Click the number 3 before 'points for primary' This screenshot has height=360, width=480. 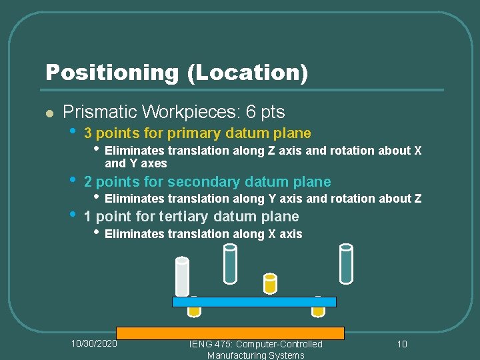(x=88, y=133)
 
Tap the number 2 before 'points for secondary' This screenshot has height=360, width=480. (x=88, y=181)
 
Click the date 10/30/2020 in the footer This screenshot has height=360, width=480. (x=94, y=343)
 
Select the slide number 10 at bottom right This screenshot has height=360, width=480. (x=402, y=344)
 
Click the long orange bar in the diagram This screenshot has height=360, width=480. (x=230, y=333)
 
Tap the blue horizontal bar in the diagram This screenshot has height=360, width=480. (x=254, y=302)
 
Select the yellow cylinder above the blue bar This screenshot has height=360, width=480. (x=270, y=284)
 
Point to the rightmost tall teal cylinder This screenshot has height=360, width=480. (x=345, y=264)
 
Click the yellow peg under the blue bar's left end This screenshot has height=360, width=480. (x=194, y=311)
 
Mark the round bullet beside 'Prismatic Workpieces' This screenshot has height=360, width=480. (x=49, y=113)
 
